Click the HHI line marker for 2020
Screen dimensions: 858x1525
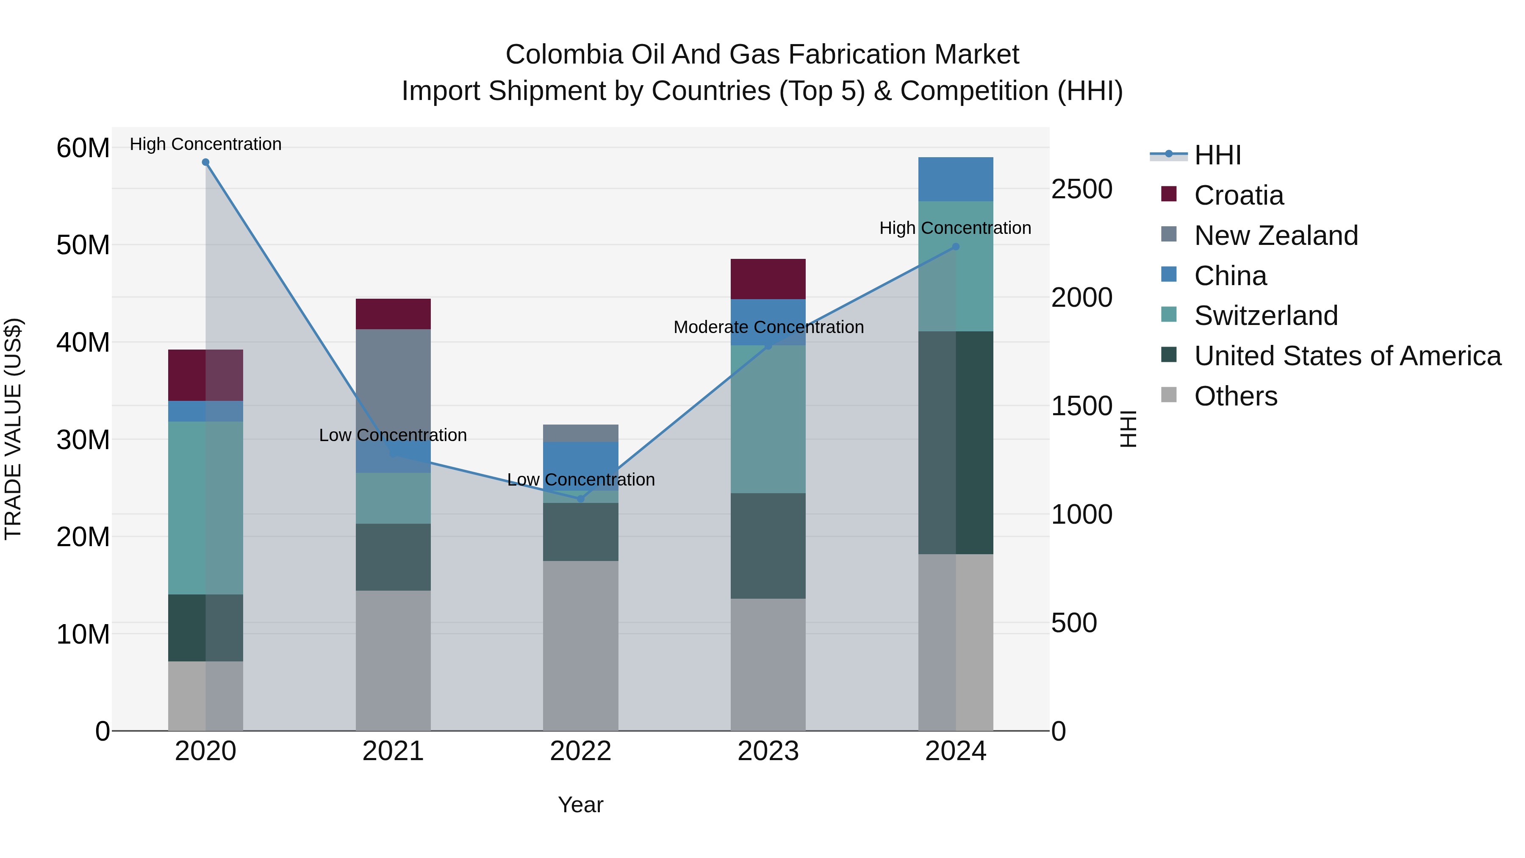click(205, 162)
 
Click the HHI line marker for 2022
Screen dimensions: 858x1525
click(581, 499)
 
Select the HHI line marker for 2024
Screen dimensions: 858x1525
click(956, 247)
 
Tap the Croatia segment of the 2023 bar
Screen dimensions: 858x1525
click(768, 279)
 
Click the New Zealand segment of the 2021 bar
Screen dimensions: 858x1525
click(393, 385)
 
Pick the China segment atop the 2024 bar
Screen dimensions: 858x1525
click(956, 179)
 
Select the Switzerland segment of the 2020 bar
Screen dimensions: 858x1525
click(205, 508)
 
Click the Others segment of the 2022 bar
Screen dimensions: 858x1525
click(581, 645)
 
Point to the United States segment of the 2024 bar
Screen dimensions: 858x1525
click(956, 442)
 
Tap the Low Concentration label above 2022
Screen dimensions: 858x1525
click(581, 480)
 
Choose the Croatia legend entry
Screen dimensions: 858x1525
click(1239, 195)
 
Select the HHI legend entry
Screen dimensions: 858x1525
click(1217, 155)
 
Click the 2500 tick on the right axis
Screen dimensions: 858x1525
click(1081, 189)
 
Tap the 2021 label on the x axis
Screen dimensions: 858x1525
click(393, 751)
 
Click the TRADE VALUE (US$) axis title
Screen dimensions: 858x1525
click(13, 429)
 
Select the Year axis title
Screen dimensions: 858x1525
click(580, 805)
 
